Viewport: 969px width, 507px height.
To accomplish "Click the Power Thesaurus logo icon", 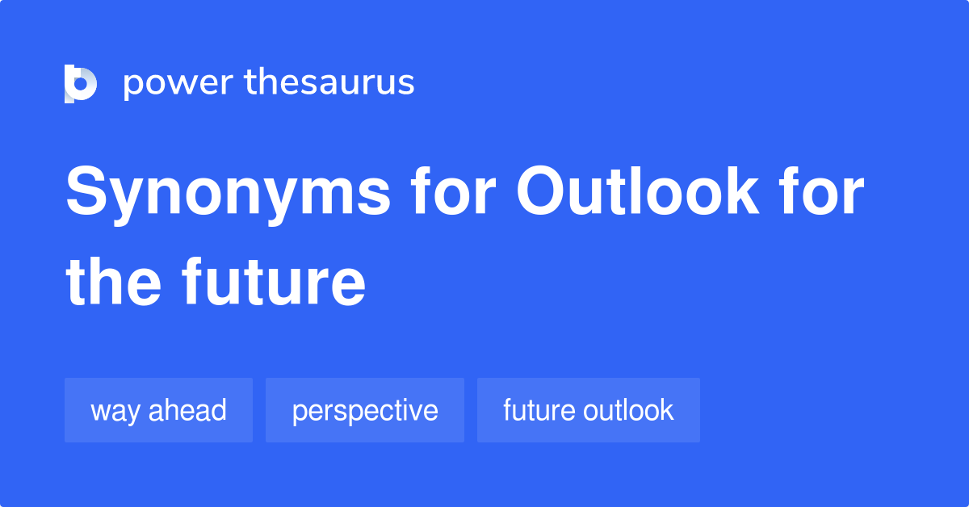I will click(x=80, y=83).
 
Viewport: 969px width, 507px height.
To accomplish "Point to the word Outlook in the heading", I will click(x=637, y=194).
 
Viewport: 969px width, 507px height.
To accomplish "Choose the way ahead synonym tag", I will click(x=158, y=410).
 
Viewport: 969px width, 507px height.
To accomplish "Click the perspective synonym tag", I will click(x=365, y=410).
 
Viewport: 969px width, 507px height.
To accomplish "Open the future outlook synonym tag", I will click(x=588, y=410).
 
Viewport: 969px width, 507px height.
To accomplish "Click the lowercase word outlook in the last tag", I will click(x=629, y=410).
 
